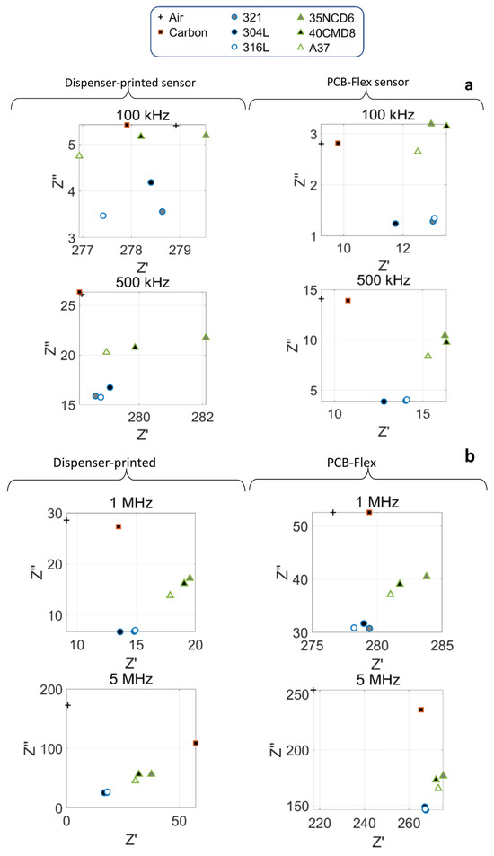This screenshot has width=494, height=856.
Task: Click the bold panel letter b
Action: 470,457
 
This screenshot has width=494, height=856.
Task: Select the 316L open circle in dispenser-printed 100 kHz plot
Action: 103,216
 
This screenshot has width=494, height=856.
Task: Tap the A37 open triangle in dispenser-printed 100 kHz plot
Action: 79,155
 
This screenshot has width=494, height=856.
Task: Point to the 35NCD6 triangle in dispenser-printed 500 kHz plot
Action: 206,337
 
